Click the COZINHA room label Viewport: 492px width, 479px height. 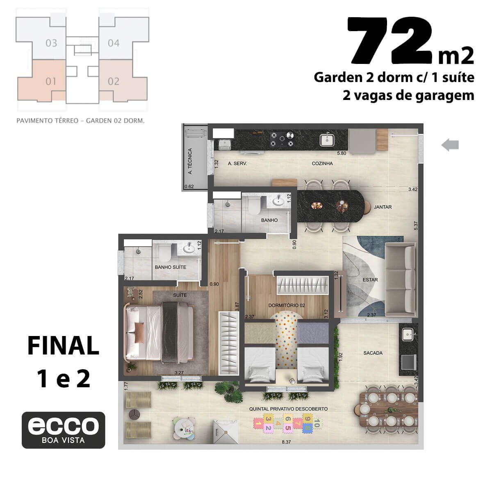[x=322, y=163]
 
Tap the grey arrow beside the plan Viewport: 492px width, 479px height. [x=450, y=145]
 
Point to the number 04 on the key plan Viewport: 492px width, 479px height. [x=114, y=43]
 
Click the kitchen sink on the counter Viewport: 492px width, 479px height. [x=327, y=139]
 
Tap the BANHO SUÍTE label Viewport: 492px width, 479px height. [x=171, y=267]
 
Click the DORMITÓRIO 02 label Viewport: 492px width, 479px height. [x=287, y=305]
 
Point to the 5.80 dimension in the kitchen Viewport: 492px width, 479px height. [x=342, y=153]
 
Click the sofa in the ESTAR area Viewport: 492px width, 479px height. [x=401, y=280]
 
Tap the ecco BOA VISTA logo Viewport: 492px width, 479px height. [x=63, y=430]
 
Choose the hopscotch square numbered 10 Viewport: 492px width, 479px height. [x=317, y=423]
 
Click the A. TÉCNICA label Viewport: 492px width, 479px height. [x=190, y=161]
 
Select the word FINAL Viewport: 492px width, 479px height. [x=63, y=345]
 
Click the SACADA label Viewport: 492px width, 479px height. [x=373, y=353]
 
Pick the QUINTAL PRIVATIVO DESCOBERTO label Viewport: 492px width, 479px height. [x=289, y=409]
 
